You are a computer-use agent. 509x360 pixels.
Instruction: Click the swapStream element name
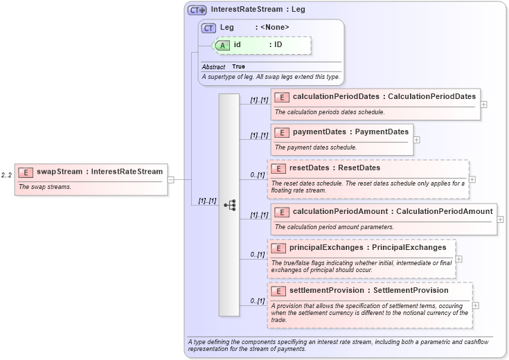[60, 172]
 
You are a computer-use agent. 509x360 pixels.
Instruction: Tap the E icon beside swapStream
[26, 172]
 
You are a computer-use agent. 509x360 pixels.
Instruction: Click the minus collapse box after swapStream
[170, 179]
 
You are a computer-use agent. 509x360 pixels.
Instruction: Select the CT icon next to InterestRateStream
[197, 10]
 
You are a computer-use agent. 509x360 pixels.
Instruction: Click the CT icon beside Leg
[209, 28]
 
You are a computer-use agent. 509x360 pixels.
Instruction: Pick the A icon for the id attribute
[223, 45]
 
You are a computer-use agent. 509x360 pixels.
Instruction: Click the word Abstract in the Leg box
[213, 66]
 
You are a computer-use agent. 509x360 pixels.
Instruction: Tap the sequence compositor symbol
[229, 205]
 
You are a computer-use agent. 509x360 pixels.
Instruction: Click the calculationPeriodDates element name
[336, 96]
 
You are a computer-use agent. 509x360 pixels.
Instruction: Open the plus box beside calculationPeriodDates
[483, 105]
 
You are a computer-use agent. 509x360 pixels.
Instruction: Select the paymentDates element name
[320, 132]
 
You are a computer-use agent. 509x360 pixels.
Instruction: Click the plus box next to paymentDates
[416, 139]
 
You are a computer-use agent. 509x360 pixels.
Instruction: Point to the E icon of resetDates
[278, 168]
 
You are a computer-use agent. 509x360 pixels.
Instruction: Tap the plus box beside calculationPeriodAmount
[500, 219]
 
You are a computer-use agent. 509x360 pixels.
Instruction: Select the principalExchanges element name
[326, 247]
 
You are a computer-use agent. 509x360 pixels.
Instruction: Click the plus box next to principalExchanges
[458, 259]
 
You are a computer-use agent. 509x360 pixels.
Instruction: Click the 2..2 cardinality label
[6, 175]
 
